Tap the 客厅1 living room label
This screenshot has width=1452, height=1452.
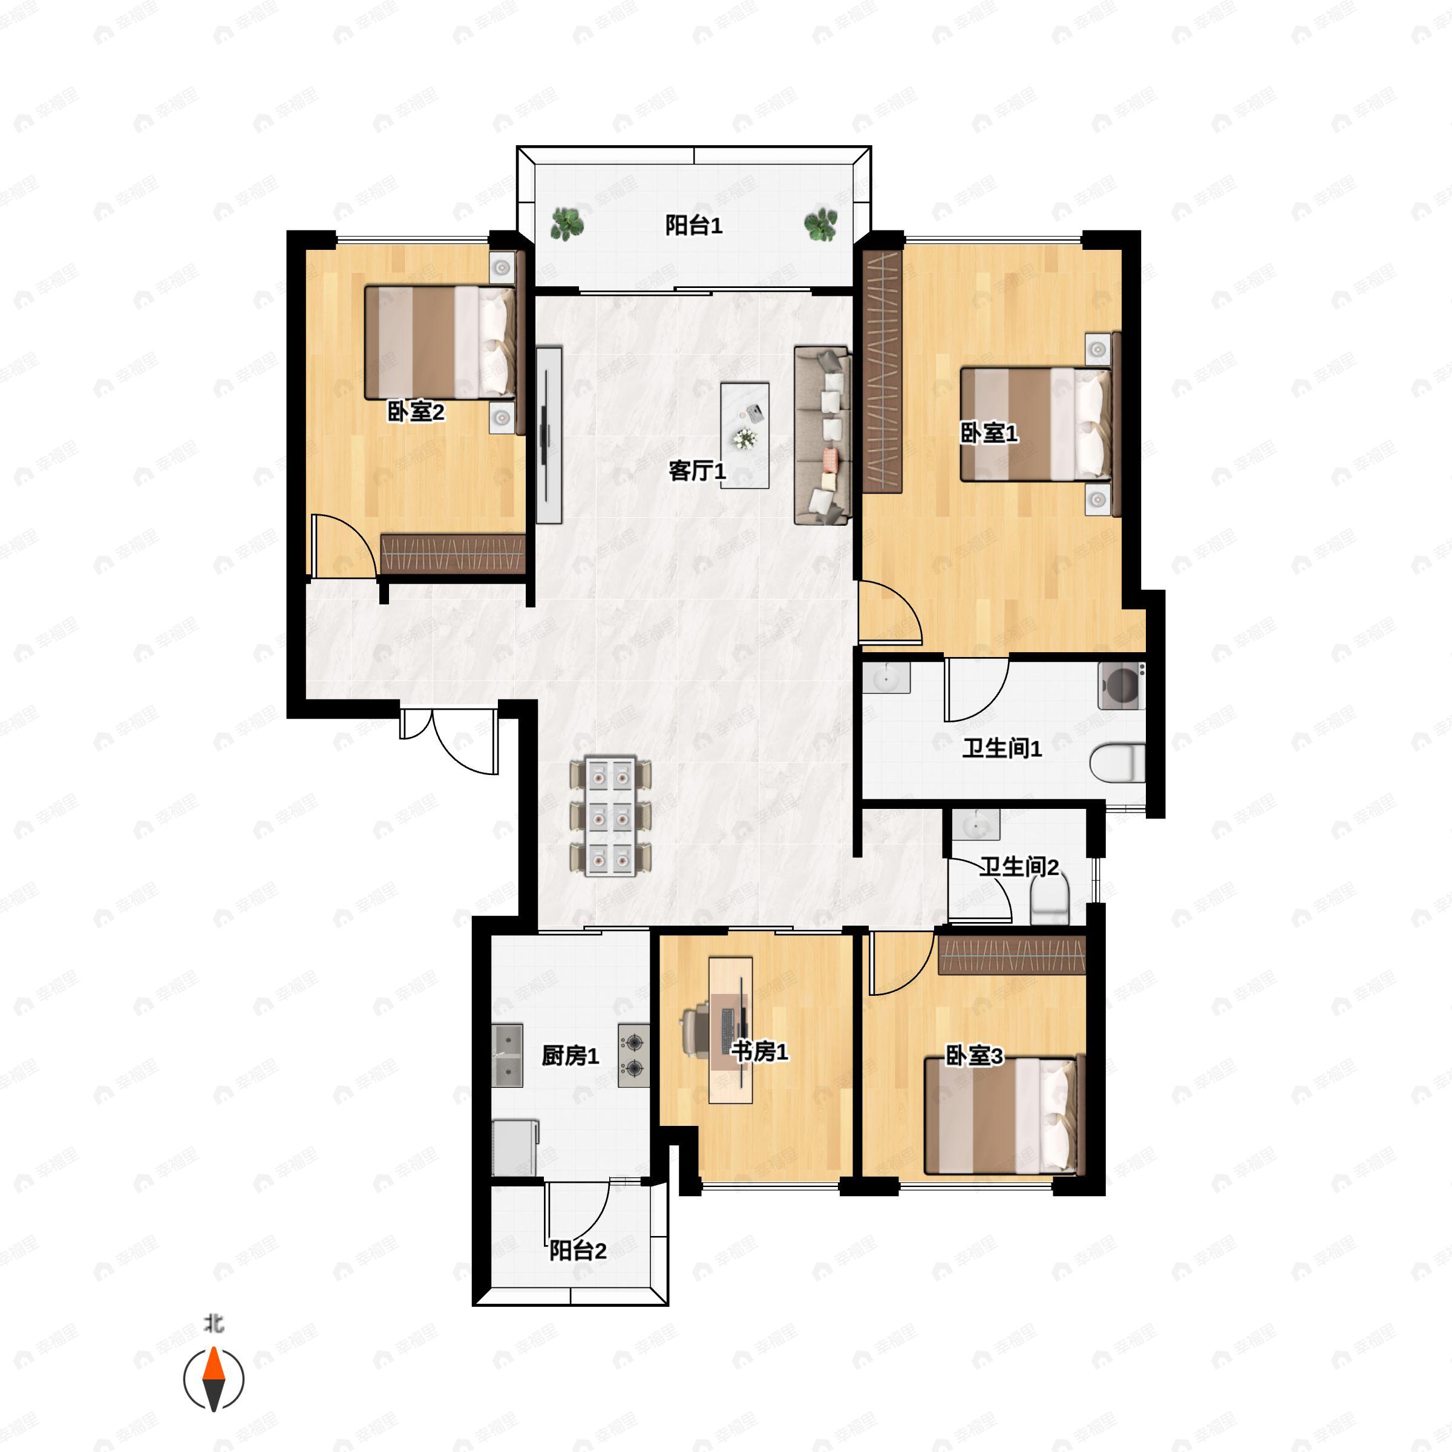point(697,471)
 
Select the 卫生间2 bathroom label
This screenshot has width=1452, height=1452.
point(1018,868)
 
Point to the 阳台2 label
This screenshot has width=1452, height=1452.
point(577,1251)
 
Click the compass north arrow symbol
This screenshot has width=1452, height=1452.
point(214,1379)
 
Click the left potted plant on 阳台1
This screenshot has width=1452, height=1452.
point(567,223)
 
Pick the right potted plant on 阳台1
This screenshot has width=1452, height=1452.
point(821,223)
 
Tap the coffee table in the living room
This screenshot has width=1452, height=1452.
point(745,435)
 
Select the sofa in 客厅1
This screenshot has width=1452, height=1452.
point(823,435)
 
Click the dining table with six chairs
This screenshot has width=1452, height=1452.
point(610,817)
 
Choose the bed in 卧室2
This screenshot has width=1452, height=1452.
point(440,342)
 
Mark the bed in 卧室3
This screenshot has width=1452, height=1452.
point(1000,1116)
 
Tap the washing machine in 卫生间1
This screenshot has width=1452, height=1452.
point(1121,685)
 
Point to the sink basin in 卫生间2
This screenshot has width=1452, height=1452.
point(975,825)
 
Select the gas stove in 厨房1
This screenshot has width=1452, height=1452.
point(633,1056)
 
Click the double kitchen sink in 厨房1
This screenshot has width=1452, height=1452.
point(508,1056)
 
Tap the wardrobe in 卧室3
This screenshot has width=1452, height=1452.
point(1012,955)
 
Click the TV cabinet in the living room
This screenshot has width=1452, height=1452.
point(549,435)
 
